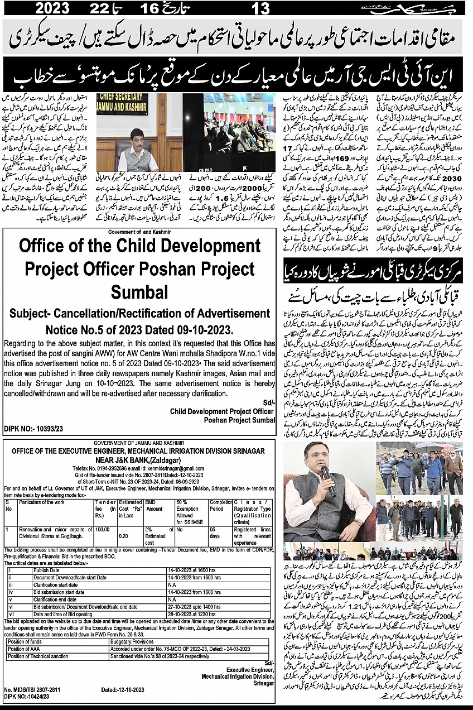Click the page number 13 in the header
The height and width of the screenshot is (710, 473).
pos(260,8)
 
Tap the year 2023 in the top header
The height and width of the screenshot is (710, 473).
pos(52,8)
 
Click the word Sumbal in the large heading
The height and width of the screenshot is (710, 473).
pos(139,291)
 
